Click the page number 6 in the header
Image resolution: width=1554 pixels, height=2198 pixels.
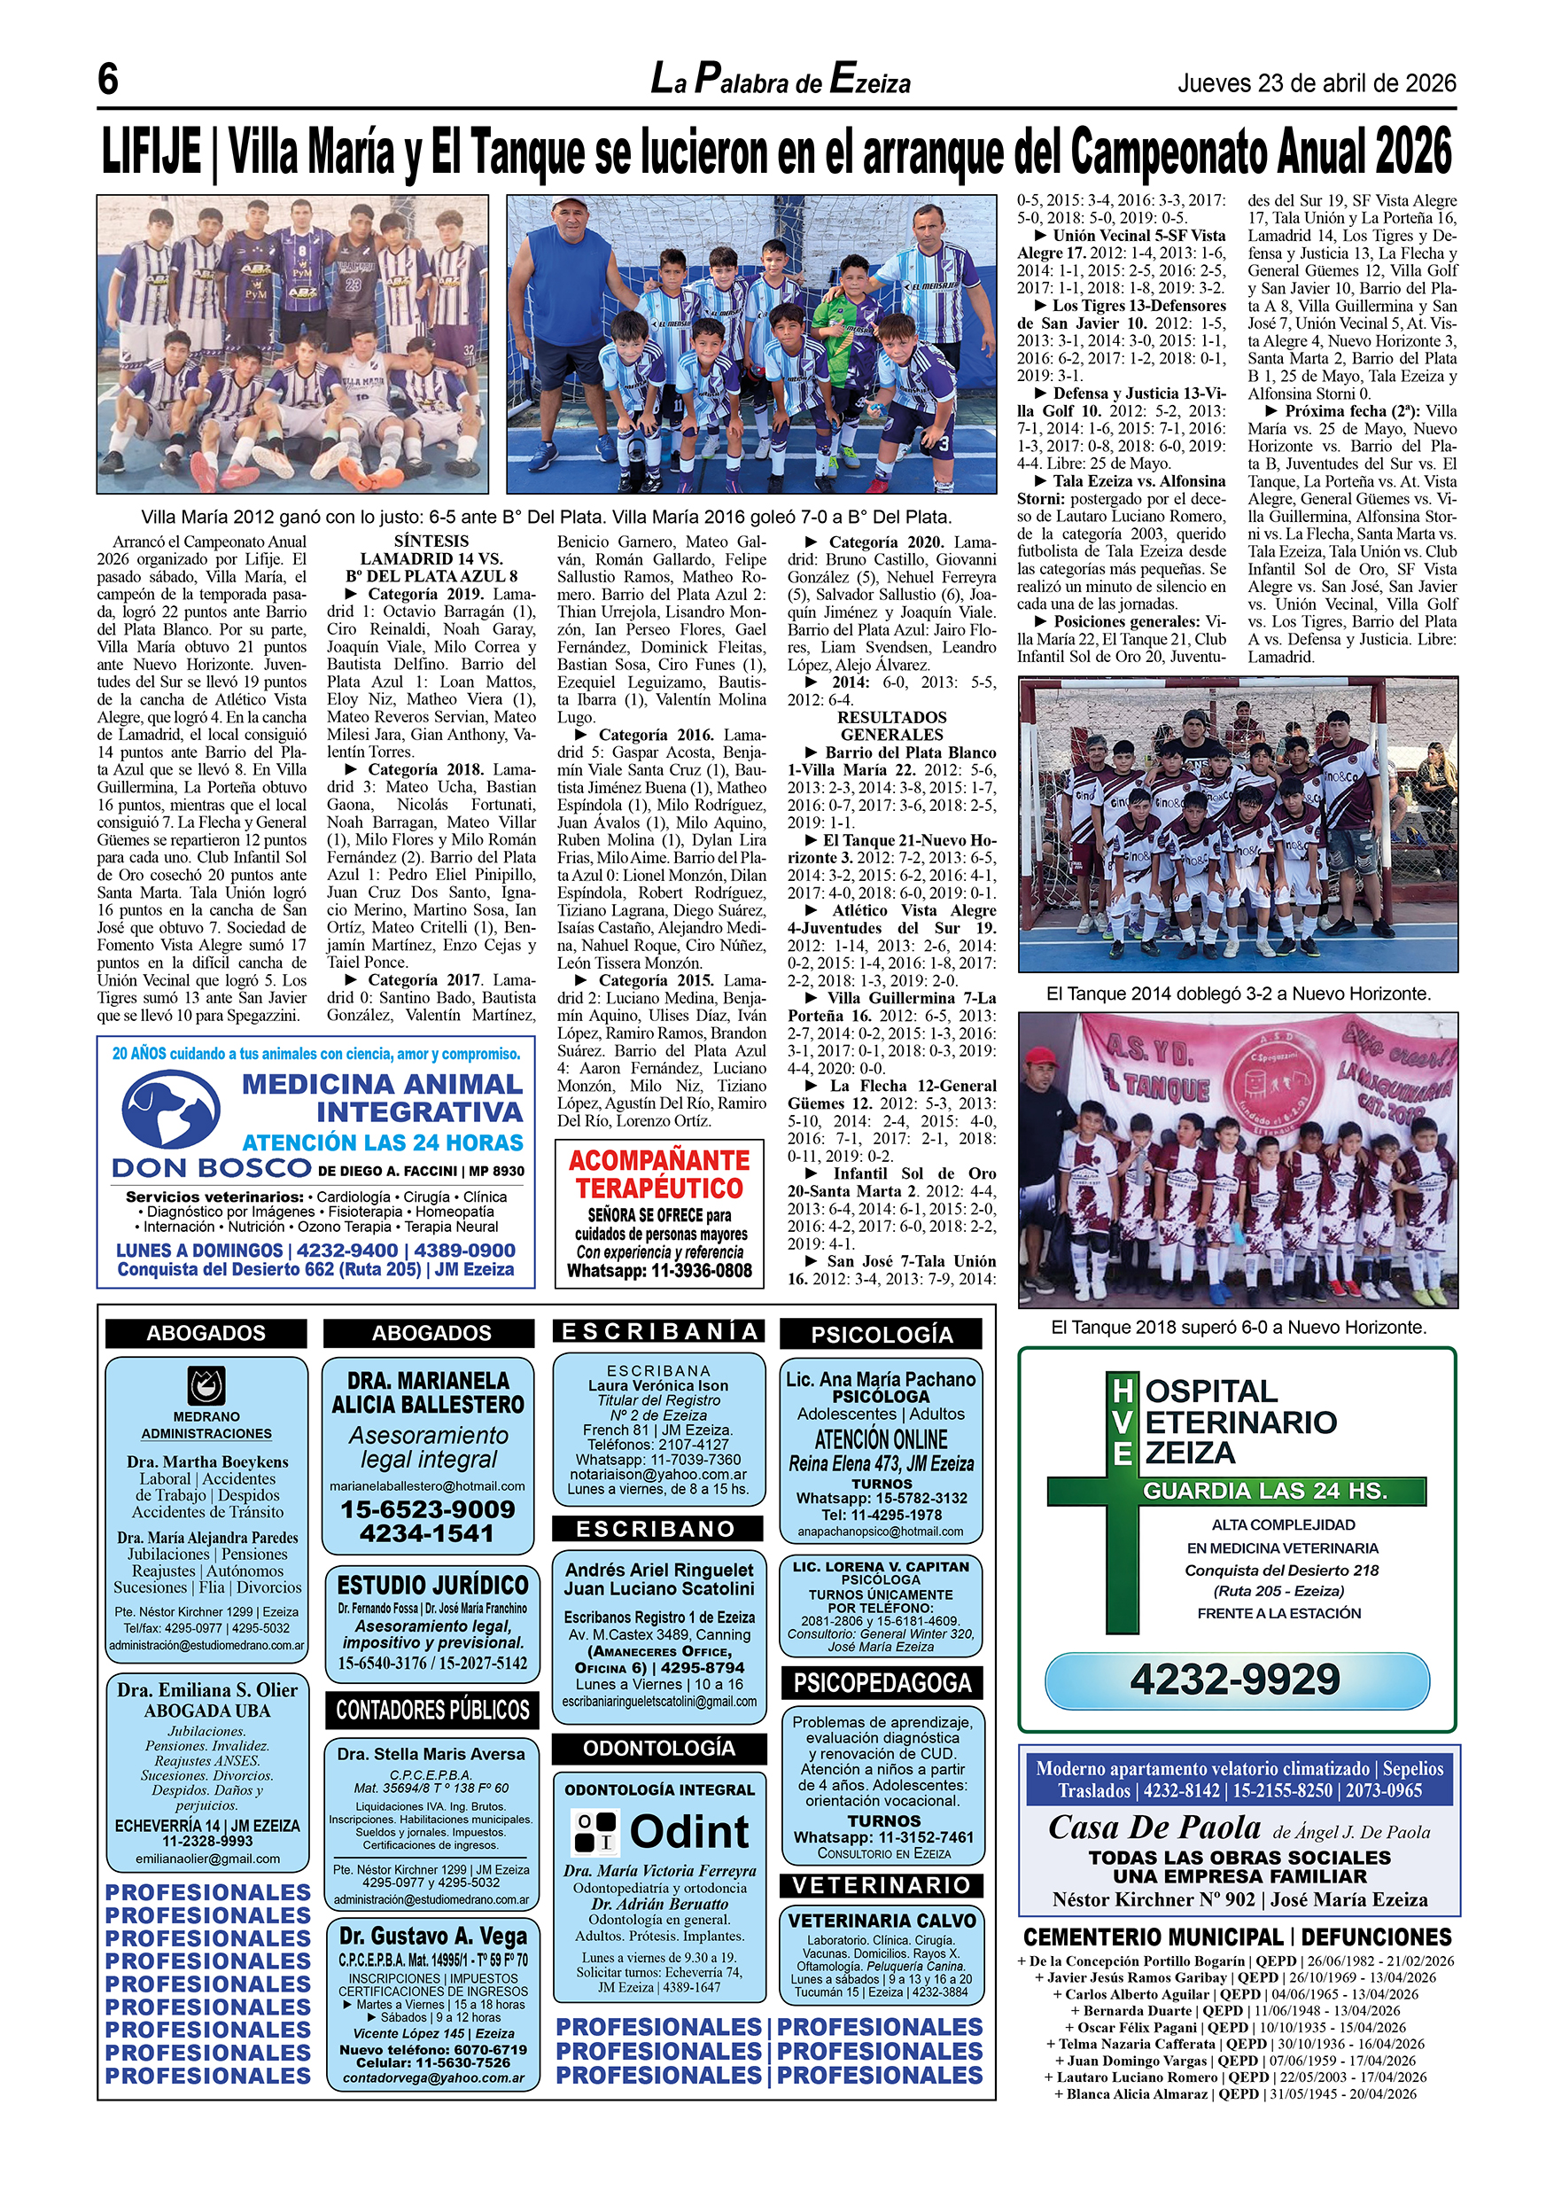tap(108, 80)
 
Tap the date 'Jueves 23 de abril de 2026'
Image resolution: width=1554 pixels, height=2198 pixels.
tap(1317, 83)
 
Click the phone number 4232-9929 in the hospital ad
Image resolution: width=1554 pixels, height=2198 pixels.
tap(1235, 1680)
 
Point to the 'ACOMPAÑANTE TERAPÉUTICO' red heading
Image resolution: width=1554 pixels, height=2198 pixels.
tap(659, 1174)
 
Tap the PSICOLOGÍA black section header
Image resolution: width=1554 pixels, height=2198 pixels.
tap(882, 1335)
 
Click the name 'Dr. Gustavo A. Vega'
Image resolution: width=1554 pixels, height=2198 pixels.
tap(432, 1936)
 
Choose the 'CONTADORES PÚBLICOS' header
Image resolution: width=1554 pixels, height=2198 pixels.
tap(432, 1710)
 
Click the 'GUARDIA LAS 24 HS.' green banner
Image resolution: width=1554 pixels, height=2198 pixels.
tap(1265, 1492)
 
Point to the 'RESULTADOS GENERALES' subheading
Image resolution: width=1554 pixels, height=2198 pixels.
tap(891, 726)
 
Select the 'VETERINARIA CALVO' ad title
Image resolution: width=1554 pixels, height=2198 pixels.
tap(882, 1921)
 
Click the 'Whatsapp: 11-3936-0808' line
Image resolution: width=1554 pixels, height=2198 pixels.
tap(659, 1271)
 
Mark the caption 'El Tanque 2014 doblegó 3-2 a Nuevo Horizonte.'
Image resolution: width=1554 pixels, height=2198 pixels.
tap(1239, 994)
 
